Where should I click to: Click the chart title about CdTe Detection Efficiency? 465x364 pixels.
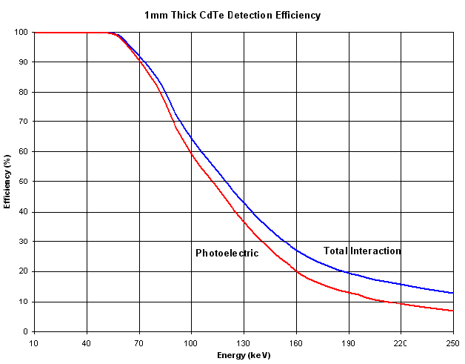click(233, 15)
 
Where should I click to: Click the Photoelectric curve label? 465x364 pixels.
click(227, 254)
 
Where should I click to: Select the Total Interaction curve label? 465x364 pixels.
click(362, 251)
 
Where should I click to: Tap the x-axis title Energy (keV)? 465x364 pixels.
click(244, 355)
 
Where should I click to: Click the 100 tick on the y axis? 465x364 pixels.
click(21, 33)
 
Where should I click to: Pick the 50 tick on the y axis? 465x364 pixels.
click(23, 182)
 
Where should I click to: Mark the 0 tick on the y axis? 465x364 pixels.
click(25, 331)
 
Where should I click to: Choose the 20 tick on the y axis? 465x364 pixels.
click(23, 271)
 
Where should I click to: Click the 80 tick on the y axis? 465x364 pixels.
click(23, 92)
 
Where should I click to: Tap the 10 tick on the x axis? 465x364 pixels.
click(34, 343)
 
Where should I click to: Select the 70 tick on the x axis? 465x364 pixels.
click(138, 343)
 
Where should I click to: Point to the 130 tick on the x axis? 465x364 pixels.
click(244, 343)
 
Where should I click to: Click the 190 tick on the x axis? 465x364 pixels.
click(348, 343)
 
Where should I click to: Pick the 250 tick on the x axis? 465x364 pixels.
click(452, 343)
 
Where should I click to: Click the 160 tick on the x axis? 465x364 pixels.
click(296, 343)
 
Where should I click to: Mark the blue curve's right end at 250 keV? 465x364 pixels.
click(452, 293)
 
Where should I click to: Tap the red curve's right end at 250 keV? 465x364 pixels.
click(452, 311)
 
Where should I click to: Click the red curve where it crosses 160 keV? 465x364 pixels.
click(296, 271)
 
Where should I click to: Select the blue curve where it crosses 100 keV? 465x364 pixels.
click(191, 138)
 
